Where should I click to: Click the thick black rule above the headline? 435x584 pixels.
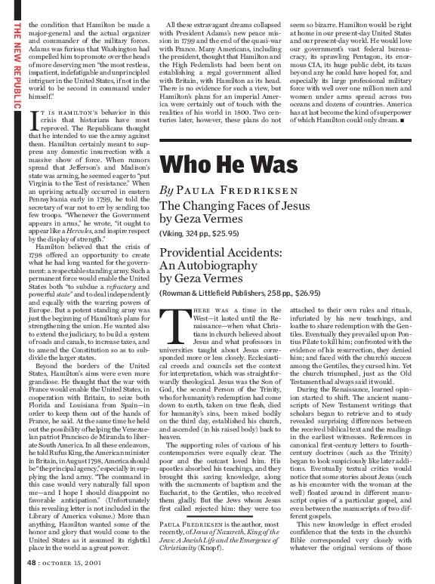(286, 140)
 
